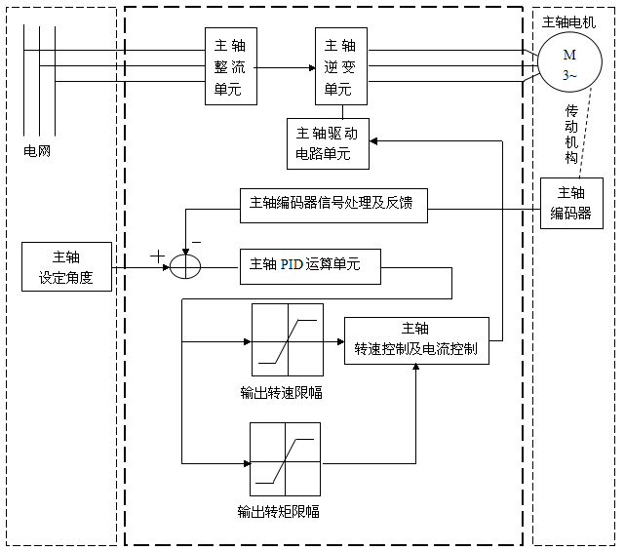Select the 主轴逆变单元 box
[x=339, y=66]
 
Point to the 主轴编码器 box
[x=571, y=203]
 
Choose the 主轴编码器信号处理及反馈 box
[x=332, y=203]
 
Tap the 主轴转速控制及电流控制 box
[x=415, y=340]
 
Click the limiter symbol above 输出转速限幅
[x=287, y=340]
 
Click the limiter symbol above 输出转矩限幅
[x=285, y=457]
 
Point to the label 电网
[x=36, y=152]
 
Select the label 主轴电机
[x=573, y=21]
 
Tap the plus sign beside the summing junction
[x=156, y=256]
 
